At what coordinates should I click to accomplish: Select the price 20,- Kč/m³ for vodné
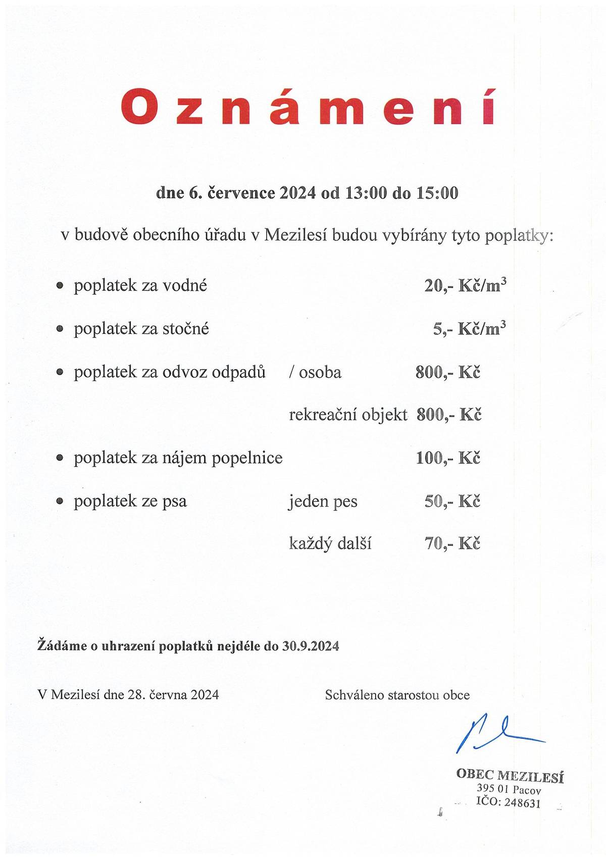point(465,286)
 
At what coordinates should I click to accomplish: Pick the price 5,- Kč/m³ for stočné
point(469,329)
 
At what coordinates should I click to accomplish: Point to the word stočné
point(185,329)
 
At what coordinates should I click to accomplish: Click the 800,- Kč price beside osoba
point(447,372)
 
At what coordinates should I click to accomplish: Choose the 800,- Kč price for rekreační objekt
point(449,415)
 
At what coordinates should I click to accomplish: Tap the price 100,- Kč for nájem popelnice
point(447,458)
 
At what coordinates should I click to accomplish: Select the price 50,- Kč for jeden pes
point(452,501)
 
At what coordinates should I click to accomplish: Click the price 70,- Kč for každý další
point(452,544)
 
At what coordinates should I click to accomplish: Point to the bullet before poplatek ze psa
point(60,502)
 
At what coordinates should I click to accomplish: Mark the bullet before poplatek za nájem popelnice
point(60,459)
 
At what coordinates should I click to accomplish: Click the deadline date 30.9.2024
point(311,646)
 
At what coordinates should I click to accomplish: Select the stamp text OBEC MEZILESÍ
point(510,775)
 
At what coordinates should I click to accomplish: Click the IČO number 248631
point(522,803)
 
